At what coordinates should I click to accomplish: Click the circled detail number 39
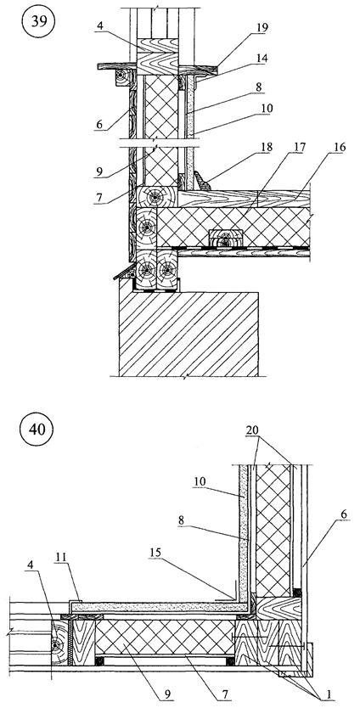(39, 20)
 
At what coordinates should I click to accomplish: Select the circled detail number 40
(37, 429)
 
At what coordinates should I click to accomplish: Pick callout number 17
(301, 148)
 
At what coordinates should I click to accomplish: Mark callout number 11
(61, 558)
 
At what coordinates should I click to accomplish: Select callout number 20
(252, 431)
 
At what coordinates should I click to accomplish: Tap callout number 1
(328, 696)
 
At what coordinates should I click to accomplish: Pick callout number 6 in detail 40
(345, 514)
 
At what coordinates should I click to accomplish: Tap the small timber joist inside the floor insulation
(226, 239)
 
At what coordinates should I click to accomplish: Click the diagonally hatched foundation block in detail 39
(188, 334)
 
